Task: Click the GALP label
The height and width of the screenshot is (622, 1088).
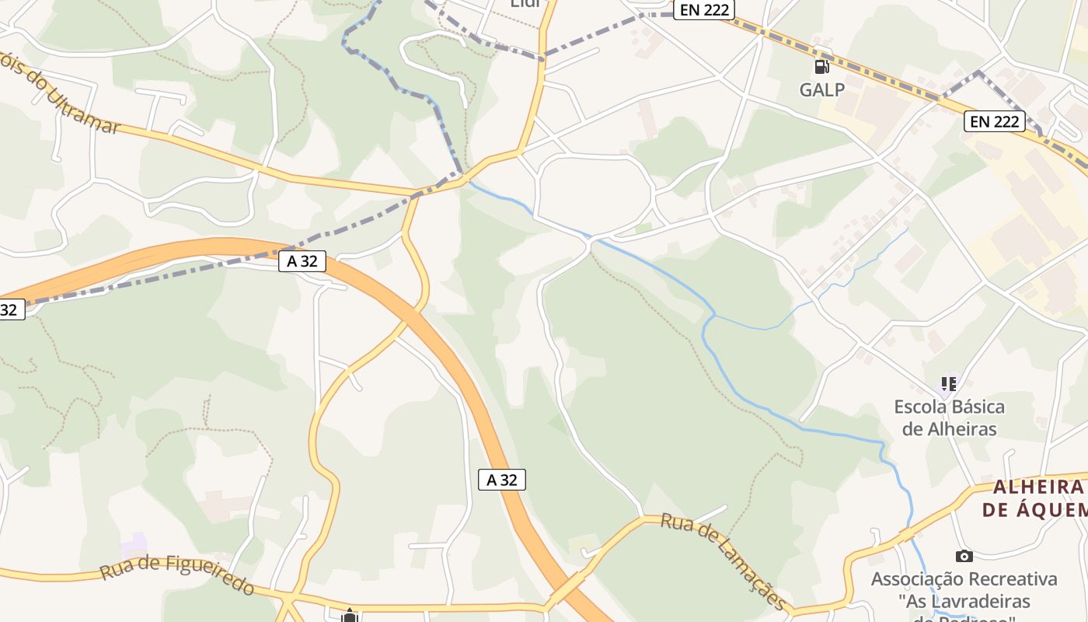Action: pos(821,89)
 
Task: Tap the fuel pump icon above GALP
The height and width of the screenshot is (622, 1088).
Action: pos(821,67)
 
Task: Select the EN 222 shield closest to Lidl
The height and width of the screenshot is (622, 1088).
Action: pos(703,9)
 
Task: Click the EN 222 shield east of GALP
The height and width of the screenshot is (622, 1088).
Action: pos(995,121)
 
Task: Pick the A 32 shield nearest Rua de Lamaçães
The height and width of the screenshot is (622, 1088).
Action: pos(501,480)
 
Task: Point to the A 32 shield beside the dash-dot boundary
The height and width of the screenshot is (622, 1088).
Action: pos(302,261)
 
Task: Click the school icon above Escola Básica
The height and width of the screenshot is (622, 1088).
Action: pos(948,383)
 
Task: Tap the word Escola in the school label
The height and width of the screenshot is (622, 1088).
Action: pos(922,407)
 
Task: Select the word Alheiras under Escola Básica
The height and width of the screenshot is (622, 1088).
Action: pos(960,428)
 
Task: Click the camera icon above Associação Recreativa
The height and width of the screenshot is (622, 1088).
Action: pos(964,556)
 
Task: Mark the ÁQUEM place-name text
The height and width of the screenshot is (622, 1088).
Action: pos(1034,510)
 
